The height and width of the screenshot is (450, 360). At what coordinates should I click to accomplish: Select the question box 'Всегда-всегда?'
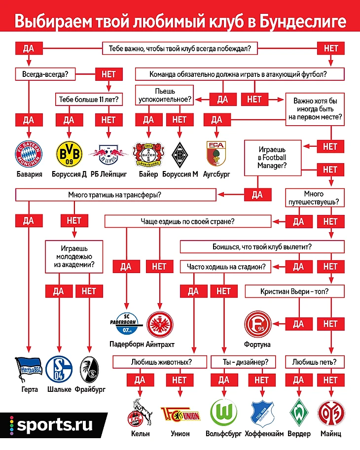tap(42, 74)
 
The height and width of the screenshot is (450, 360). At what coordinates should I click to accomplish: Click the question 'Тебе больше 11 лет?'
tap(88, 100)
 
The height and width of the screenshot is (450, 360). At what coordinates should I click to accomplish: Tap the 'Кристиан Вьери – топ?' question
tap(294, 291)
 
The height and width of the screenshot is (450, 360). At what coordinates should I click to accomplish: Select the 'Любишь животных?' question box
tap(161, 362)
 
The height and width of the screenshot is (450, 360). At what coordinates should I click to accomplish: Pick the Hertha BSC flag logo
tap(30, 370)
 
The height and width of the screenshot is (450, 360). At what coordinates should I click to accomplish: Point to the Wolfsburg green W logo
tap(223, 412)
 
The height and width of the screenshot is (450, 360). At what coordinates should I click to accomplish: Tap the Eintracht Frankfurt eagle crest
tap(159, 323)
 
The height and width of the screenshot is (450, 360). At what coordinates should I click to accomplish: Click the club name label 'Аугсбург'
tap(216, 174)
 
